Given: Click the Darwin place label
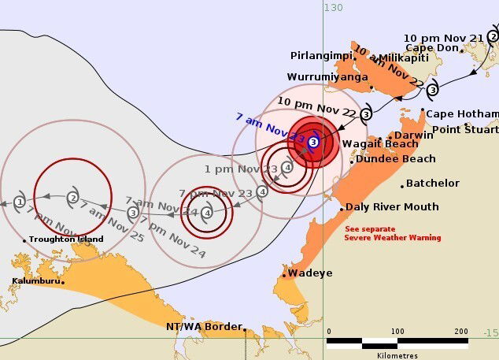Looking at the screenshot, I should coord(414,135).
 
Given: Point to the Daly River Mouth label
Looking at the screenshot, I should coord(393,206).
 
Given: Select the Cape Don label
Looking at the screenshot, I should coord(431,48).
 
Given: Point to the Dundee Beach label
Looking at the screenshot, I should coord(396,158).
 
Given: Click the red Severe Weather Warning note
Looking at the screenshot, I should coord(393,233).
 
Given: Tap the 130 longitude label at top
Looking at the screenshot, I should coord(333,7).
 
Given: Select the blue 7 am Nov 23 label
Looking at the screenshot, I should coord(270,126).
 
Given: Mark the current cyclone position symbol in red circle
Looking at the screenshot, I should coord(312,142).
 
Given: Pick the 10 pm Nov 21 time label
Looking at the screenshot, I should coord(443,37).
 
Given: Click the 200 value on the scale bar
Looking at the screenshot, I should coord(461,331).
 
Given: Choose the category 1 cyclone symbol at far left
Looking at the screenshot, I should coord(19,202).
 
